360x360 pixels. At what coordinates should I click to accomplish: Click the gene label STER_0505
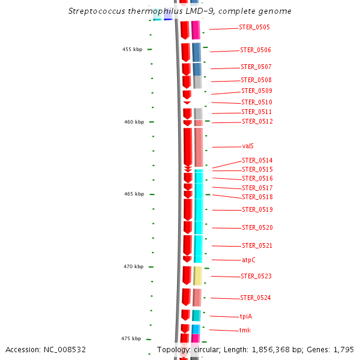coord(255,28)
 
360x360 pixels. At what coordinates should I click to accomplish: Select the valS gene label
coord(248,146)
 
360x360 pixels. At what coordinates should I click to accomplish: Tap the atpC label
coord(249,260)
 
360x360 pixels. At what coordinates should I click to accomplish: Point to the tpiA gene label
coord(246,316)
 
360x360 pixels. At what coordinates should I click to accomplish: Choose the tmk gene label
coord(245,330)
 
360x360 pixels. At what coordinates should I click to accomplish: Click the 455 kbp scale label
coord(132,50)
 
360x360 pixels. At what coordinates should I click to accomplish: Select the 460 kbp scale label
coord(134,122)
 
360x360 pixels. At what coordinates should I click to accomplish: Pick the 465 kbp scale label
coord(134,194)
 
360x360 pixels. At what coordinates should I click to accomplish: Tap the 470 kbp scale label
coord(134,266)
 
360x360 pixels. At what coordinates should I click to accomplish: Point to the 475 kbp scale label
coord(131,338)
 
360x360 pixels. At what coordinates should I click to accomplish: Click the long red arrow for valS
coord(187,146)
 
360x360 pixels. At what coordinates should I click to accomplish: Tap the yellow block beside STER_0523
coord(197,276)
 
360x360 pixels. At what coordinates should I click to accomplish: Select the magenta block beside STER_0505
coord(196,30)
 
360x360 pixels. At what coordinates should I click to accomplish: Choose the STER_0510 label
coord(257,102)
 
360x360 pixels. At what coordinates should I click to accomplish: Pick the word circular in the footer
coord(204,349)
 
